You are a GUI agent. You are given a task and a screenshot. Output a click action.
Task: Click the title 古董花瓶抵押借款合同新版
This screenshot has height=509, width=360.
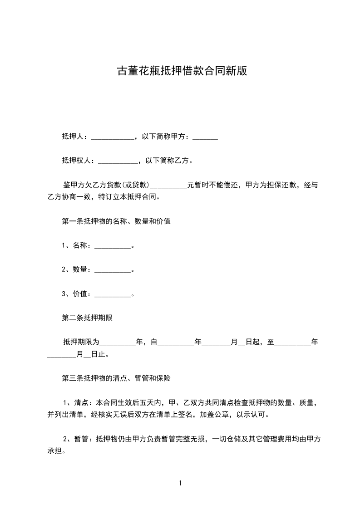click(x=182, y=71)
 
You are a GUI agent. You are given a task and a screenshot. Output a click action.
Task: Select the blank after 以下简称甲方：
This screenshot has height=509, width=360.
click(x=205, y=137)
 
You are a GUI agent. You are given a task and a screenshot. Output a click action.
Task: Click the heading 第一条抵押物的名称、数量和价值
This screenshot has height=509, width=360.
click(x=116, y=221)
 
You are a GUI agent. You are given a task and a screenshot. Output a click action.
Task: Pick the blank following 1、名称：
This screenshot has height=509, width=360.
click(x=112, y=246)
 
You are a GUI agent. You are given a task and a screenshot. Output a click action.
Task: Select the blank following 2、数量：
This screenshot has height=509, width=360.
click(x=112, y=270)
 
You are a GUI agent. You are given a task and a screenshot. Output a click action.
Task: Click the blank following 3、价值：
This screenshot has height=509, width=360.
click(x=112, y=294)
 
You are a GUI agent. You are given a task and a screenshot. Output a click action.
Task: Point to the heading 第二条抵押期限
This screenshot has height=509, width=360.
click(x=87, y=318)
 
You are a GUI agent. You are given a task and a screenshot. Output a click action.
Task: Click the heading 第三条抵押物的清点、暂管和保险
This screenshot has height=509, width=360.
click(x=116, y=377)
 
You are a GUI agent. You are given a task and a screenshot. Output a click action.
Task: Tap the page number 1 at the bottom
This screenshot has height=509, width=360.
click(x=180, y=483)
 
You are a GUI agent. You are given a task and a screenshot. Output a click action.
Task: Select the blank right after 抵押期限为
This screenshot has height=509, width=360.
click(x=117, y=343)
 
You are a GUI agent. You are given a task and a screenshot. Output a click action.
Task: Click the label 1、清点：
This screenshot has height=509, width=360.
click(x=77, y=402)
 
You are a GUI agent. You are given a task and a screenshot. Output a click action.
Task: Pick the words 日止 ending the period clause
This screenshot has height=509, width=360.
click(x=98, y=354)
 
